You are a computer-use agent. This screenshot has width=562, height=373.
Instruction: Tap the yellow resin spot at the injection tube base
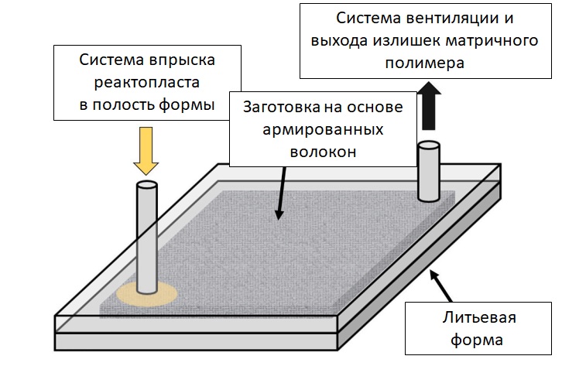pyautogui.click(x=147, y=295)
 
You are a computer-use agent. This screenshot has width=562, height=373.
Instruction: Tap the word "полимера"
pyautogui.click(x=427, y=64)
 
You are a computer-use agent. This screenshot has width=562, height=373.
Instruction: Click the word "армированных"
pyautogui.click(x=324, y=129)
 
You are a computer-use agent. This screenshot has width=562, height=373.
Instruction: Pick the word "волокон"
pyautogui.click(x=323, y=152)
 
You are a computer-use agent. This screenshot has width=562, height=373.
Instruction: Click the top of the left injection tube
pyautogui.click(x=146, y=187)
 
